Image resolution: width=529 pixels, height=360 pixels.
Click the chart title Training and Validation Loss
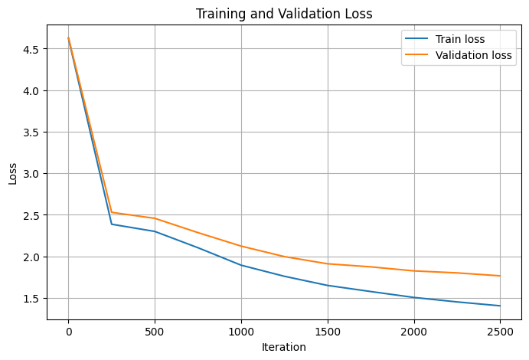pyautogui.click(x=284, y=14)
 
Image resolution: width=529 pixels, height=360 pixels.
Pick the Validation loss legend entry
pyautogui.click(x=474, y=55)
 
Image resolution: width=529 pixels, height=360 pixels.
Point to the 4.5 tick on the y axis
pyautogui.click(x=31, y=49)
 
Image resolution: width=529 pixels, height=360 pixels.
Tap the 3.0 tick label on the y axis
pyautogui.click(x=31, y=174)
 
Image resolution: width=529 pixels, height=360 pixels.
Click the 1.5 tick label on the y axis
pyautogui.click(x=31, y=298)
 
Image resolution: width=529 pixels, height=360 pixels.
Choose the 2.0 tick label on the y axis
pyautogui.click(x=31, y=257)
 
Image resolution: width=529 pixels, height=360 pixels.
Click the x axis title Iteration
pyautogui.click(x=284, y=347)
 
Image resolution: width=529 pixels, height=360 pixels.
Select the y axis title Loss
pyautogui.click(x=12, y=174)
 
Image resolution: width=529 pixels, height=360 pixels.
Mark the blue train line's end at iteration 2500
pyautogui.click(x=500, y=306)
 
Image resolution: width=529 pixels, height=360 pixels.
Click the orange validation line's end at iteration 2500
pyautogui.click(x=500, y=276)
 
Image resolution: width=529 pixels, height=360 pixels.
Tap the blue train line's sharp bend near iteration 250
pyautogui.click(x=112, y=224)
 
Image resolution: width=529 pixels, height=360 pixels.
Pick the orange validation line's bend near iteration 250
pyautogui.click(x=112, y=212)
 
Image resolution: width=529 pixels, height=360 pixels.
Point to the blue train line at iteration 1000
pyautogui.click(x=241, y=265)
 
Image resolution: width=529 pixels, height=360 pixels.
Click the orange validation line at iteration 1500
pyautogui.click(x=328, y=263)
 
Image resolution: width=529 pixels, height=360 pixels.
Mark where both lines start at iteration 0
pyautogui.click(x=68, y=38)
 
